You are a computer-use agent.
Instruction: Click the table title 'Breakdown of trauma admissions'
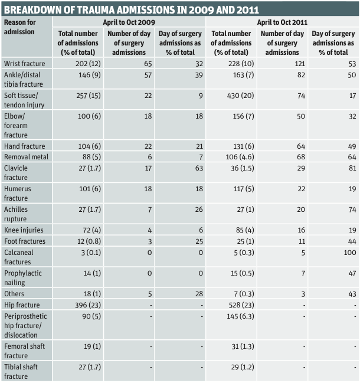point(131,10)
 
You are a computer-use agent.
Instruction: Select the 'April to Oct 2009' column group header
point(129,22)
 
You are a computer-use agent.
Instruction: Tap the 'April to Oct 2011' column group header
point(282,22)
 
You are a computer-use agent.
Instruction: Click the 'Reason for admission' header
point(19,27)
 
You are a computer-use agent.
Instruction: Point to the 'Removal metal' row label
point(26,157)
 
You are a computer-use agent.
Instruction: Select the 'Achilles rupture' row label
point(17,214)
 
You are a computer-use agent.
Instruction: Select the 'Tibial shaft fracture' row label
point(21,371)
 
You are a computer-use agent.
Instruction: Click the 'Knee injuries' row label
point(24,230)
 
